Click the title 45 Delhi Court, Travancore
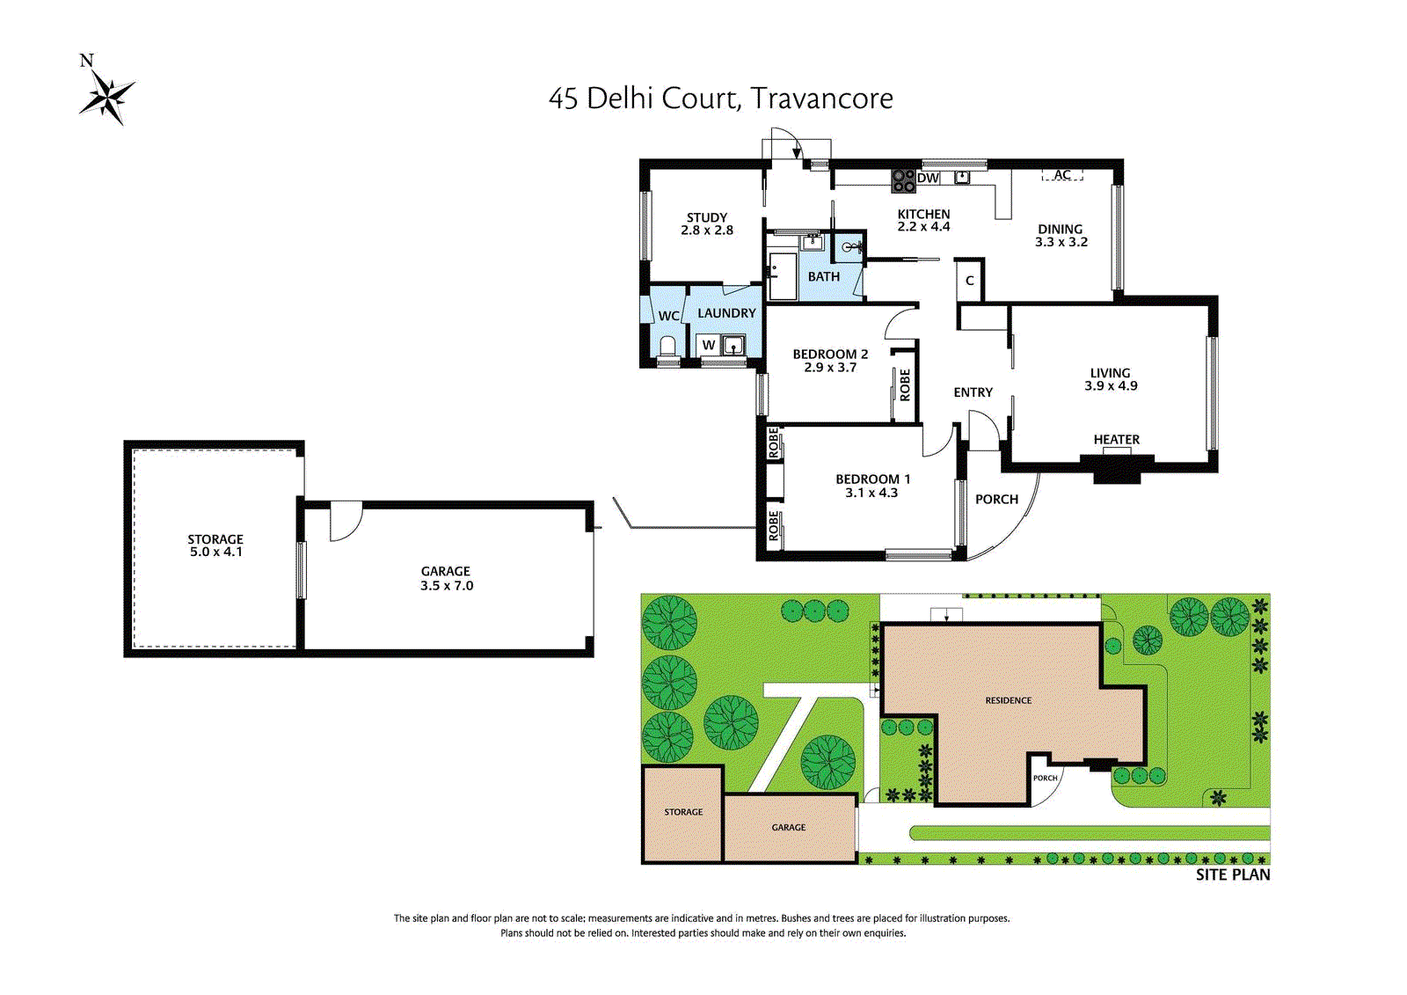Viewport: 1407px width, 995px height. (x=720, y=99)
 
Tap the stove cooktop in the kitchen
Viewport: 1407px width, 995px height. (x=904, y=180)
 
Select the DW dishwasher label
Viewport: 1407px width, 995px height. (x=928, y=178)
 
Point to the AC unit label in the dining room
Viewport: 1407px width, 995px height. (x=1062, y=174)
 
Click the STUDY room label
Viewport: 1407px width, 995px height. (x=707, y=217)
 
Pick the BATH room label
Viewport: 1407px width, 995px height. (x=823, y=276)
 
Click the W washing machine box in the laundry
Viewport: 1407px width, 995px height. (x=709, y=345)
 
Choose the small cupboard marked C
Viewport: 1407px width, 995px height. (x=969, y=281)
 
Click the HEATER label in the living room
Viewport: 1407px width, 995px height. (x=1116, y=439)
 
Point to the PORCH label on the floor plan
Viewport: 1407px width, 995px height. (x=996, y=499)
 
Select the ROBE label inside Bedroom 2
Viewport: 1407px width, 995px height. (x=905, y=384)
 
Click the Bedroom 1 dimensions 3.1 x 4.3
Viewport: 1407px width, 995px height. (x=871, y=493)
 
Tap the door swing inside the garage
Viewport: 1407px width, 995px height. (x=346, y=521)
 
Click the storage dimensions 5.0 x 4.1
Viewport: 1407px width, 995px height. (x=216, y=552)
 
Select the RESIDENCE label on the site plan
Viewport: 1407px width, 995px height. (x=1008, y=700)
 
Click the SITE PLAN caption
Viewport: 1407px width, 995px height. (x=1232, y=874)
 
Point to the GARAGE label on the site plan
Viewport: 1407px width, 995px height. (x=788, y=827)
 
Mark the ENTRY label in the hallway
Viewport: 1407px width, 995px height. (x=973, y=392)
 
